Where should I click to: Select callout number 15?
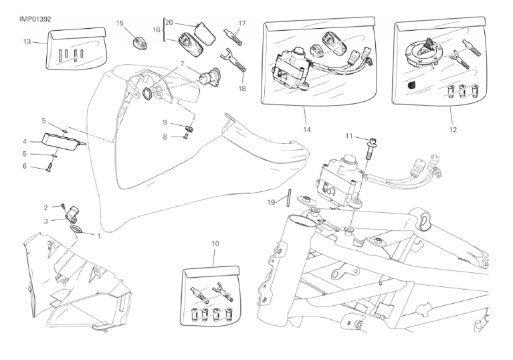120,23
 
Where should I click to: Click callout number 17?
242,23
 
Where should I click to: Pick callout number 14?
308,128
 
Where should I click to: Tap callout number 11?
348,136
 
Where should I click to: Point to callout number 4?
24,142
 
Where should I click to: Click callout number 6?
24,165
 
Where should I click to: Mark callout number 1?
100,236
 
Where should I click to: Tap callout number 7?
181,64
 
